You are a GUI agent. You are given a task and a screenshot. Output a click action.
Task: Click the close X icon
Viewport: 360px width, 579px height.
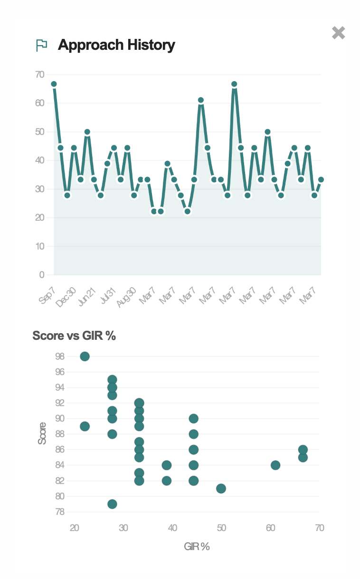pos(338,33)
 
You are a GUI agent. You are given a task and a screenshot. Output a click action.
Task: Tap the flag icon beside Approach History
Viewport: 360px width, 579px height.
pos(42,45)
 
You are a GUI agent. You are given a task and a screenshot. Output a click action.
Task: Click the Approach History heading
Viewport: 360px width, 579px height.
pos(116,45)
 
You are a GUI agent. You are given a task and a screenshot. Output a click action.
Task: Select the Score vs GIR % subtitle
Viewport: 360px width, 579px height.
pos(74,336)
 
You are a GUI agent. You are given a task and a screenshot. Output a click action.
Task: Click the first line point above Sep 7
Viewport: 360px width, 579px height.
pos(54,84)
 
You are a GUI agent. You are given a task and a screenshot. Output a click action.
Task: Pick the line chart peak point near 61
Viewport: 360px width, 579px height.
pos(201,100)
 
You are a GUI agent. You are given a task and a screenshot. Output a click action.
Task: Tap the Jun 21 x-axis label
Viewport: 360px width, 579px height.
pos(87,297)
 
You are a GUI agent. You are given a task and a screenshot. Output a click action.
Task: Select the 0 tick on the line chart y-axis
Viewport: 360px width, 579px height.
pos(42,275)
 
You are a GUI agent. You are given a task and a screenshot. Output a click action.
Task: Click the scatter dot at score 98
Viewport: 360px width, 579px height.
pos(85,356)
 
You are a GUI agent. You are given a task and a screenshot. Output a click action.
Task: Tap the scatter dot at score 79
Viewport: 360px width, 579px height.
pos(112,504)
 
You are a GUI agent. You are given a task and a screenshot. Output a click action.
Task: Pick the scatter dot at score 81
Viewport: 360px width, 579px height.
pos(221,488)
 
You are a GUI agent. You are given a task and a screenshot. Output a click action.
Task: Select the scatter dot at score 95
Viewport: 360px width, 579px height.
pos(112,380)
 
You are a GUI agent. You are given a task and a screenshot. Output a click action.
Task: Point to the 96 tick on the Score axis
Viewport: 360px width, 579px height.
pos(60,372)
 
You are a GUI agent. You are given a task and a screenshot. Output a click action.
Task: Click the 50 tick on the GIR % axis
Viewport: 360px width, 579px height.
pos(221,528)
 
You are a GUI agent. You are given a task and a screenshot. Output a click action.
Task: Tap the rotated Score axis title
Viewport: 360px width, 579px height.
pos(42,433)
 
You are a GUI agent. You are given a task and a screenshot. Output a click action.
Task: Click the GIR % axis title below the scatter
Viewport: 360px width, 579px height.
pos(197,547)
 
